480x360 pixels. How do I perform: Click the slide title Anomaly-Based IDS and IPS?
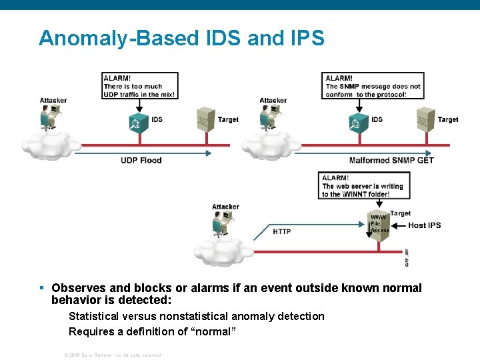[x=181, y=38]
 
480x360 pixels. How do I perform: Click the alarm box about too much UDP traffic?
[x=140, y=86]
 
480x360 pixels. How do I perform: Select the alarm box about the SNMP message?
[x=373, y=86]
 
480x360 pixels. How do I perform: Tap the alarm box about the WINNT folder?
[x=365, y=186]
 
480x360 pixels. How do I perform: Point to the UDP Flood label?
[x=141, y=161]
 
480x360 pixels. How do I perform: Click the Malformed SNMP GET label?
[x=391, y=161]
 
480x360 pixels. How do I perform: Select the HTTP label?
[x=282, y=231]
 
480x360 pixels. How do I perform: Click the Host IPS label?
[x=425, y=225]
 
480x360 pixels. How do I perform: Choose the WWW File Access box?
[x=379, y=224]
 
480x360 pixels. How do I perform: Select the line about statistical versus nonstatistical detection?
[x=197, y=316]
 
